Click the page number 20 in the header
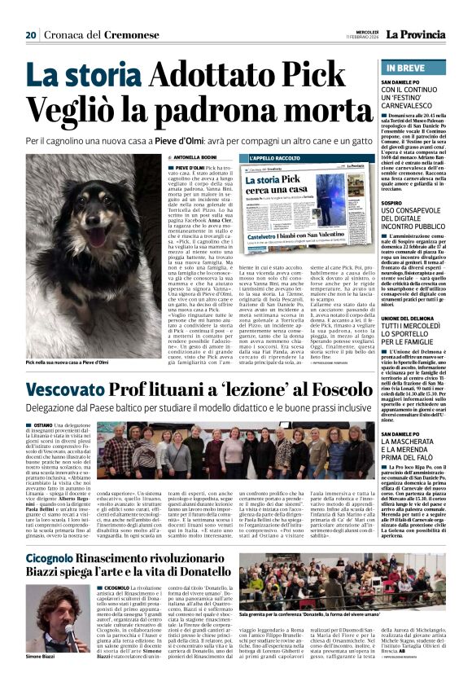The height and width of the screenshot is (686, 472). pyautogui.click(x=31, y=34)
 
